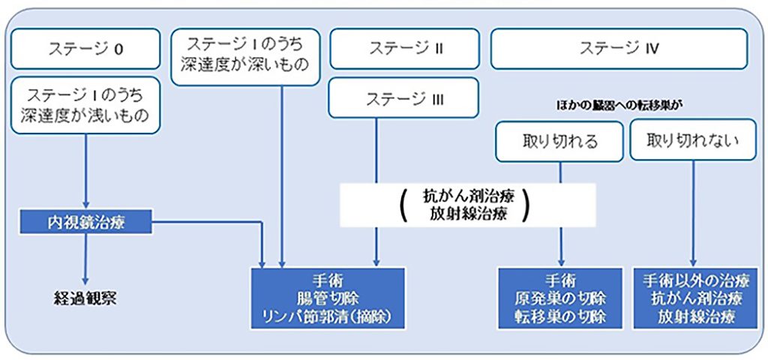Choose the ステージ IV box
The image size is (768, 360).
pos(619,49)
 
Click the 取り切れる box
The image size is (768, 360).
pos(559,140)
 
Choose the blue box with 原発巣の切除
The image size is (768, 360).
pos(560,298)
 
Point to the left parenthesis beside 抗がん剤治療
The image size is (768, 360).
pos(404,204)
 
